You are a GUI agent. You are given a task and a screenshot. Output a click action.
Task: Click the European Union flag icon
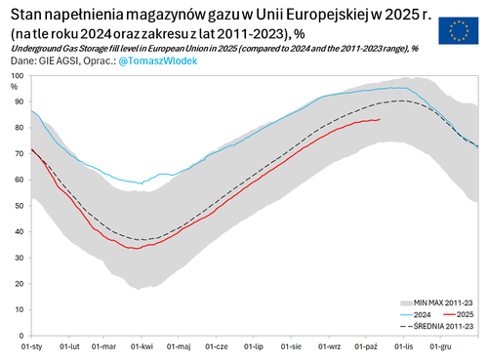click(x=457, y=31)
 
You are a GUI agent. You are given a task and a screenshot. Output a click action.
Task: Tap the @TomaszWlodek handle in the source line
click(x=160, y=61)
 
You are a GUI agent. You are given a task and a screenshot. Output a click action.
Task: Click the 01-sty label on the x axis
click(x=32, y=346)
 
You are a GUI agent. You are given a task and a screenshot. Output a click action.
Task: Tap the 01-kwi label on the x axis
click(x=142, y=346)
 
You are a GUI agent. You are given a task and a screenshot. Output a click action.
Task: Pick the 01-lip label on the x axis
click(x=254, y=346)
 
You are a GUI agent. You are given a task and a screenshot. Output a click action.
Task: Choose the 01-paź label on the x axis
click(x=366, y=346)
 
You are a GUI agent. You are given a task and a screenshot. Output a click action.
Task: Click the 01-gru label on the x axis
click(x=440, y=346)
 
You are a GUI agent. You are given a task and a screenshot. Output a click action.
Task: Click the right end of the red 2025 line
click(x=380, y=120)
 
